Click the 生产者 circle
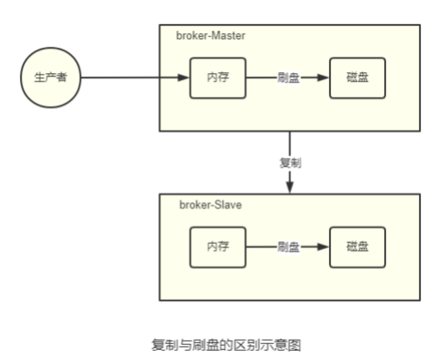pyautogui.click(x=50, y=77)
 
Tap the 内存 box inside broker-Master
pyautogui.click(x=217, y=77)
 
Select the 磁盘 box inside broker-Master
pyautogui.click(x=357, y=77)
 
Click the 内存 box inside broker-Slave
pyautogui.click(x=217, y=247)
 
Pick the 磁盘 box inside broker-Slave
pyautogui.click(x=357, y=247)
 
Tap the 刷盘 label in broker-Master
pyautogui.click(x=288, y=78)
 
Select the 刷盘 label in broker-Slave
pyautogui.click(x=288, y=247)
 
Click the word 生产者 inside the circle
pyautogui.click(x=50, y=78)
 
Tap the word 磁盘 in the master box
pyautogui.click(x=357, y=78)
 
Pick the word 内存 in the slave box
pyautogui.click(x=217, y=247)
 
